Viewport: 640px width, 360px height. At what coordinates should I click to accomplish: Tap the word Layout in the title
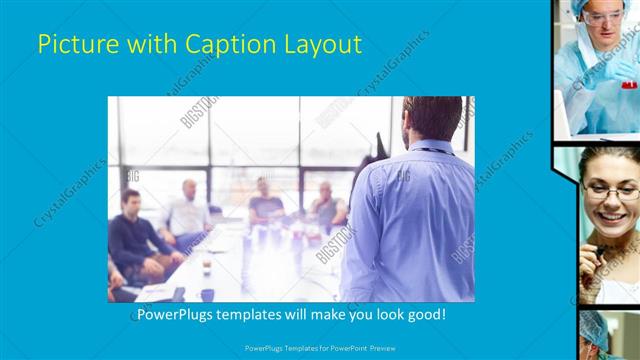coord(323,45)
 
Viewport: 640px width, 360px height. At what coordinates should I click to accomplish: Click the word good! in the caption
coord(424,315)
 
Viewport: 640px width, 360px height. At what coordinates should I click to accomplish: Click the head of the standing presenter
coord(432,118)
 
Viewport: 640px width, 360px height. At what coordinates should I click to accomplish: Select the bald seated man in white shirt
coord(187,210)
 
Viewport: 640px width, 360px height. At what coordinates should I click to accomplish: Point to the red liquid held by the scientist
coord(628,86)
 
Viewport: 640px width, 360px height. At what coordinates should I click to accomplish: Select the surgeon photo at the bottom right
coord(608,335)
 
